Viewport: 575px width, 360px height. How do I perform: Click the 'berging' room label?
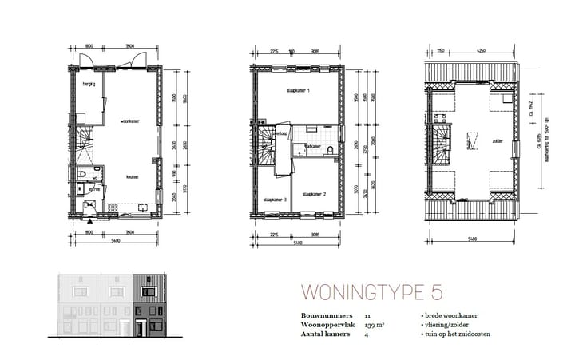click(x=88, y=84)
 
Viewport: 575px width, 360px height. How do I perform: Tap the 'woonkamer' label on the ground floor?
click(x=131, y=122)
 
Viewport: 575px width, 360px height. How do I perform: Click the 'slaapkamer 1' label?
click(x=298, y=93)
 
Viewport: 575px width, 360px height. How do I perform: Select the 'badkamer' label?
click(x=311, y=148)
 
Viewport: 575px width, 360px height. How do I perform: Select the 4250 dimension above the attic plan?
click(x=482, y=52)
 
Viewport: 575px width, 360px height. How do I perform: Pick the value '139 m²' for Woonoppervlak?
click(x=374, y=326)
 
